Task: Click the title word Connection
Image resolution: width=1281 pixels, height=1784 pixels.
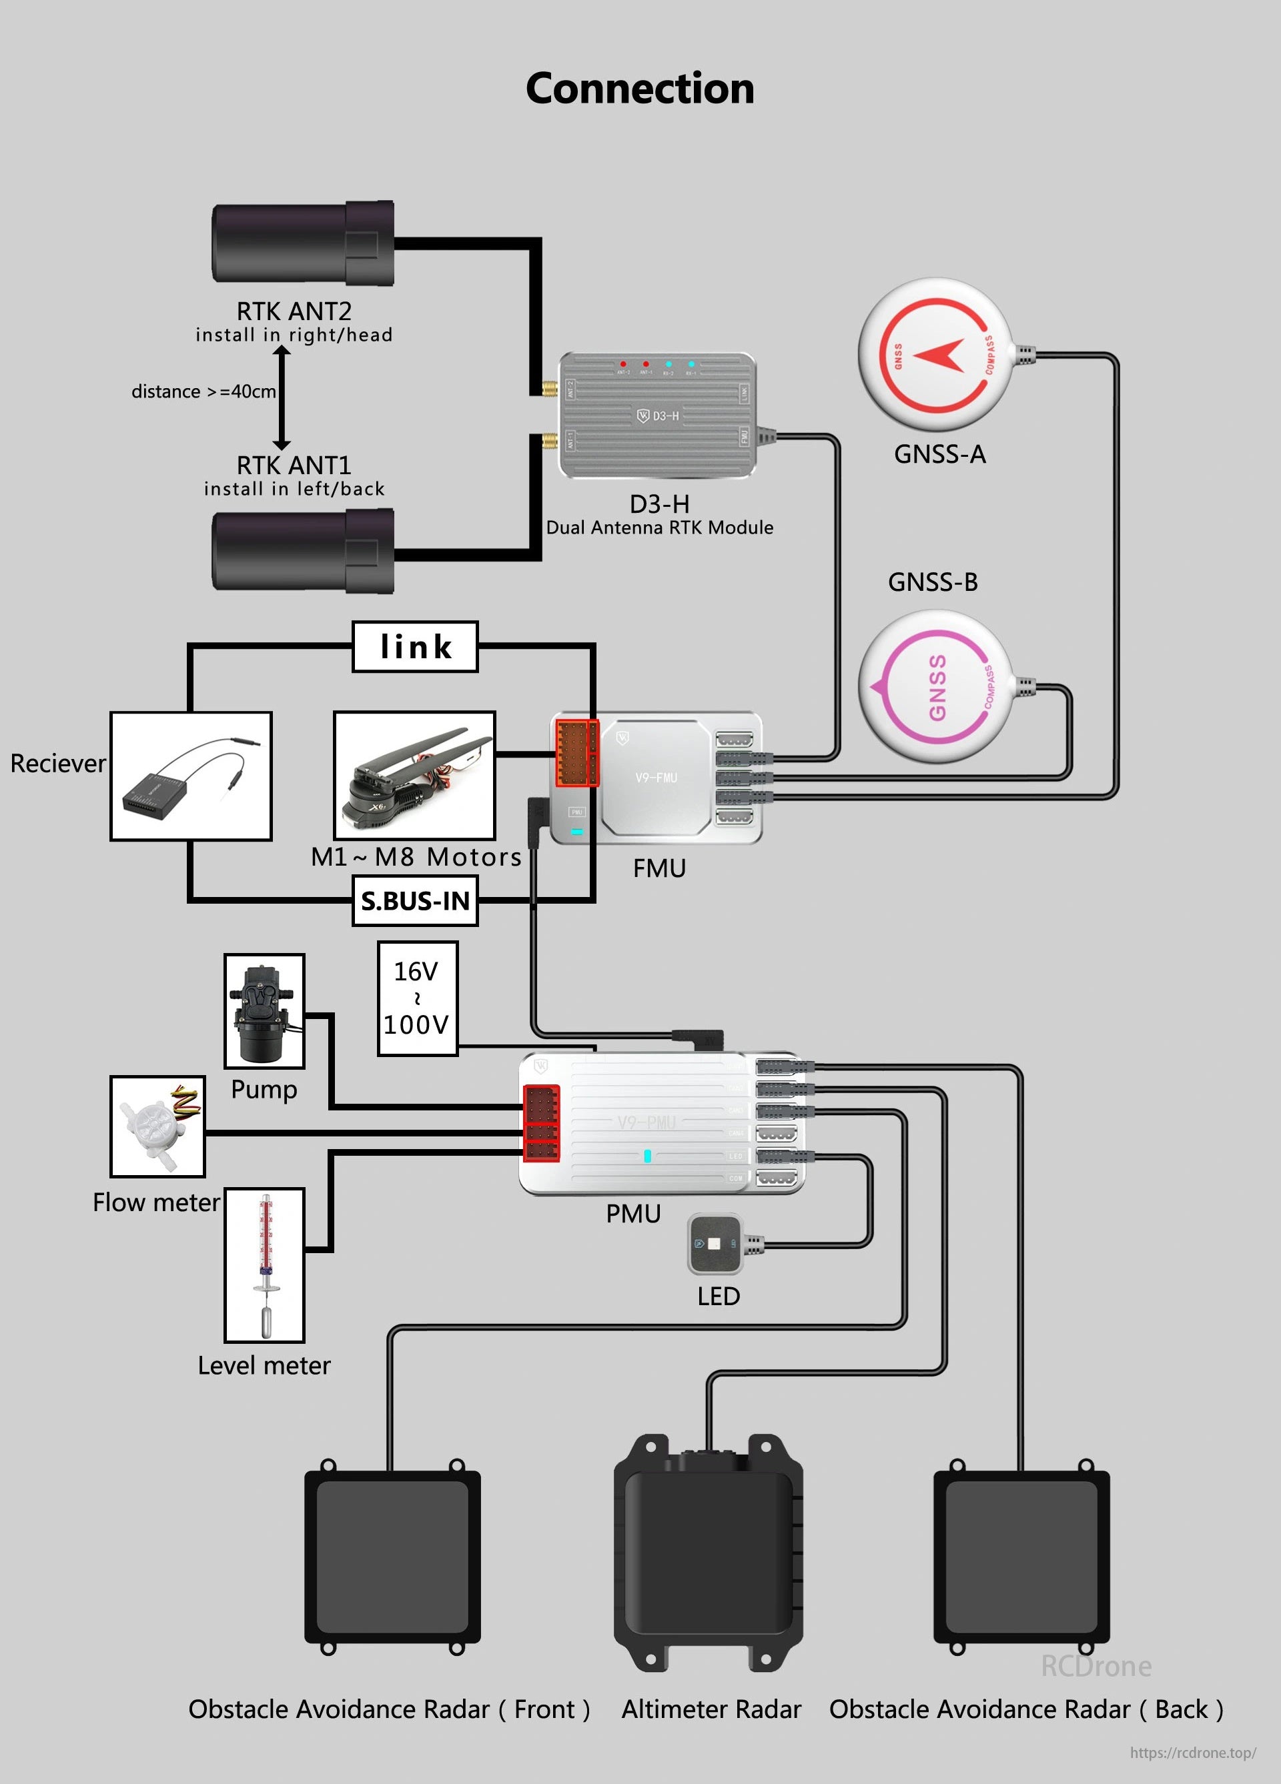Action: click(x=640, y=88)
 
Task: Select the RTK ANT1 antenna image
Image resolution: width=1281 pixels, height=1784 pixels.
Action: click(x=303, y=551)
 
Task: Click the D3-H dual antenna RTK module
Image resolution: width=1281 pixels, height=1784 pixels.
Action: click(x=658, y=415)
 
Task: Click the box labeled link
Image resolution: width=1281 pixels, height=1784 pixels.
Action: click(x=415, y=647)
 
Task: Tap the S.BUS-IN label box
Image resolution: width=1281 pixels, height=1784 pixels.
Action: click(x=415, y=900)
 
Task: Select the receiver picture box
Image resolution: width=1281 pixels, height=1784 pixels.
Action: click(x=191, y=776)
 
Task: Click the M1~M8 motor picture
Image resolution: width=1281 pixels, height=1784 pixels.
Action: click(x=415, y=776)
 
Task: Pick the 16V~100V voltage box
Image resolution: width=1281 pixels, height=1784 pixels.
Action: click(x=417, y=998)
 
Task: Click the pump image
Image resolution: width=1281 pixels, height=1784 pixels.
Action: click(x=264, y=1011)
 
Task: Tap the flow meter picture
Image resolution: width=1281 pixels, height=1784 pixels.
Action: click(x=157, y=1126)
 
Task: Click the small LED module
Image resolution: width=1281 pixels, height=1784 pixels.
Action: click(x=715, y=1244)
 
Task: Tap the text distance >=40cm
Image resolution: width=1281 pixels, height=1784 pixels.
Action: click(x=203, y=391)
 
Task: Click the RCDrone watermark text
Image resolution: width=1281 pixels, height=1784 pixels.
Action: click(x=1096, y=1666)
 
